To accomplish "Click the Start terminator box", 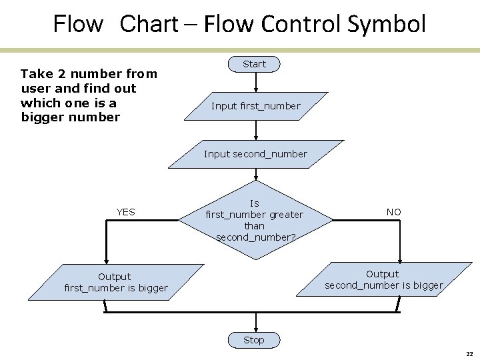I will click(254, 64).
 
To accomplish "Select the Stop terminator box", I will click(253, 340).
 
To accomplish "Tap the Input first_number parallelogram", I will click(255, 106).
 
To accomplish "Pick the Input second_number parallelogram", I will click(255, 154).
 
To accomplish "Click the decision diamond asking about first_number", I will click(255, 220).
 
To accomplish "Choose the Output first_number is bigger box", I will click(115, 282).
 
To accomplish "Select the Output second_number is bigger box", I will click(383, 280).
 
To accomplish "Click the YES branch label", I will click(125, 212).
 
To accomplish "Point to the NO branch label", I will click(394, 212).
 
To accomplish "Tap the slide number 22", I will click(469, 354).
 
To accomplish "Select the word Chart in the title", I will click(149, 25).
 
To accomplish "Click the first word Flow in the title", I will click(78, 25).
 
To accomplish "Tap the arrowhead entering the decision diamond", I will click(255, 177).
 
